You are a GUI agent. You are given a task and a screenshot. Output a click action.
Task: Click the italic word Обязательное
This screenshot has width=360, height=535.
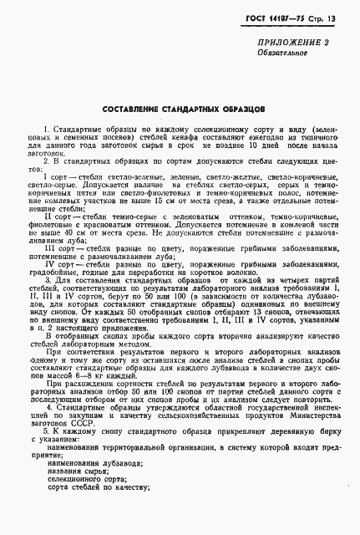pyautogui.click(x=280, y=77)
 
